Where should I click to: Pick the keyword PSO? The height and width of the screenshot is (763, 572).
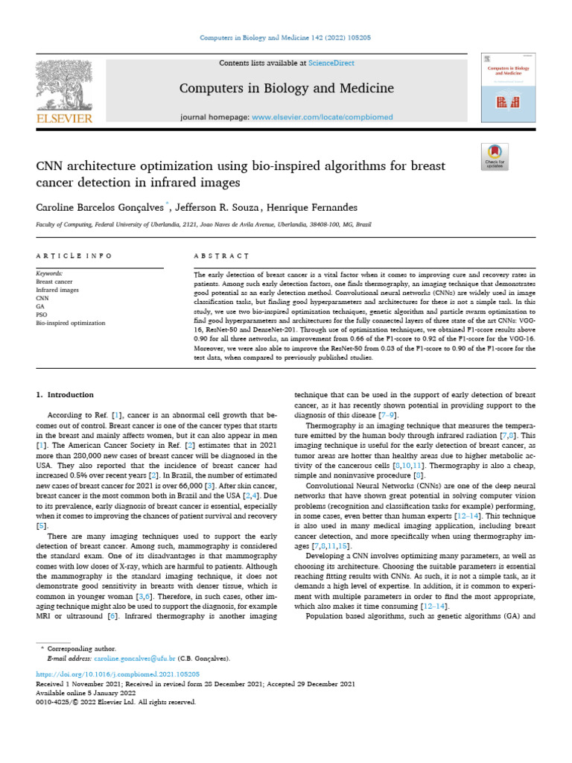[42, 314]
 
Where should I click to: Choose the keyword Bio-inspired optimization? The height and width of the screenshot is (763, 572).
[71, 323]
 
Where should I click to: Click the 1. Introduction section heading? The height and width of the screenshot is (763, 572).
[65, 394]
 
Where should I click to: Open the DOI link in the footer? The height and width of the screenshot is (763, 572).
[118, 673]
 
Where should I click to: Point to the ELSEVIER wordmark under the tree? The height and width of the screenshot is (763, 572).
[64, 118]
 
